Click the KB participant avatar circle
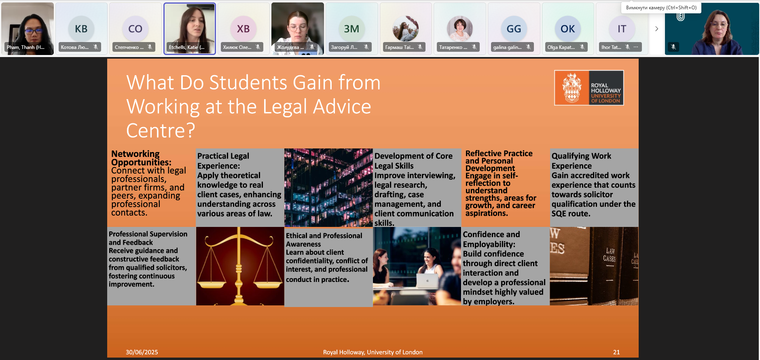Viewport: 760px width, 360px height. pos(81,29)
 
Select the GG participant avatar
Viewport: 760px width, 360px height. pos(514,29)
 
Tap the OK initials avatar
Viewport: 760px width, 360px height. pos(567,29)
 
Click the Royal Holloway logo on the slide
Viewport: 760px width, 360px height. pos(589,88)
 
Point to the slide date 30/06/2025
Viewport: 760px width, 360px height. pos(142,352)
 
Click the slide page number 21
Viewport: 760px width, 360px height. pos(616,352)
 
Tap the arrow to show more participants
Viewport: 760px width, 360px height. pos(656,29)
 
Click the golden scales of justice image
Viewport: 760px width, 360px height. pos(240,266)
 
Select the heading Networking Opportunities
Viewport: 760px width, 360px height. pos(141,158)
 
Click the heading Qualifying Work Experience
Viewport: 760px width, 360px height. pos(581,161)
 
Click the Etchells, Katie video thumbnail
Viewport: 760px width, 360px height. pos(190,28)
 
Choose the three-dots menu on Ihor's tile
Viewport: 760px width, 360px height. pos(636,47)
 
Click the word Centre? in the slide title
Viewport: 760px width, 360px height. pos(161,131)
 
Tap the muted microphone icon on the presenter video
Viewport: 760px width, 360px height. pos(673,47)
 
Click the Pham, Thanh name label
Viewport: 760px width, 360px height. pos(25,47)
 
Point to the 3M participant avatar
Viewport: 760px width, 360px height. pos(351,29)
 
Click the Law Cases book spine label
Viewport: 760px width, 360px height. pos(610,255)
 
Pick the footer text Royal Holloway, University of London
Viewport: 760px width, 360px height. pos(373,352)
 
